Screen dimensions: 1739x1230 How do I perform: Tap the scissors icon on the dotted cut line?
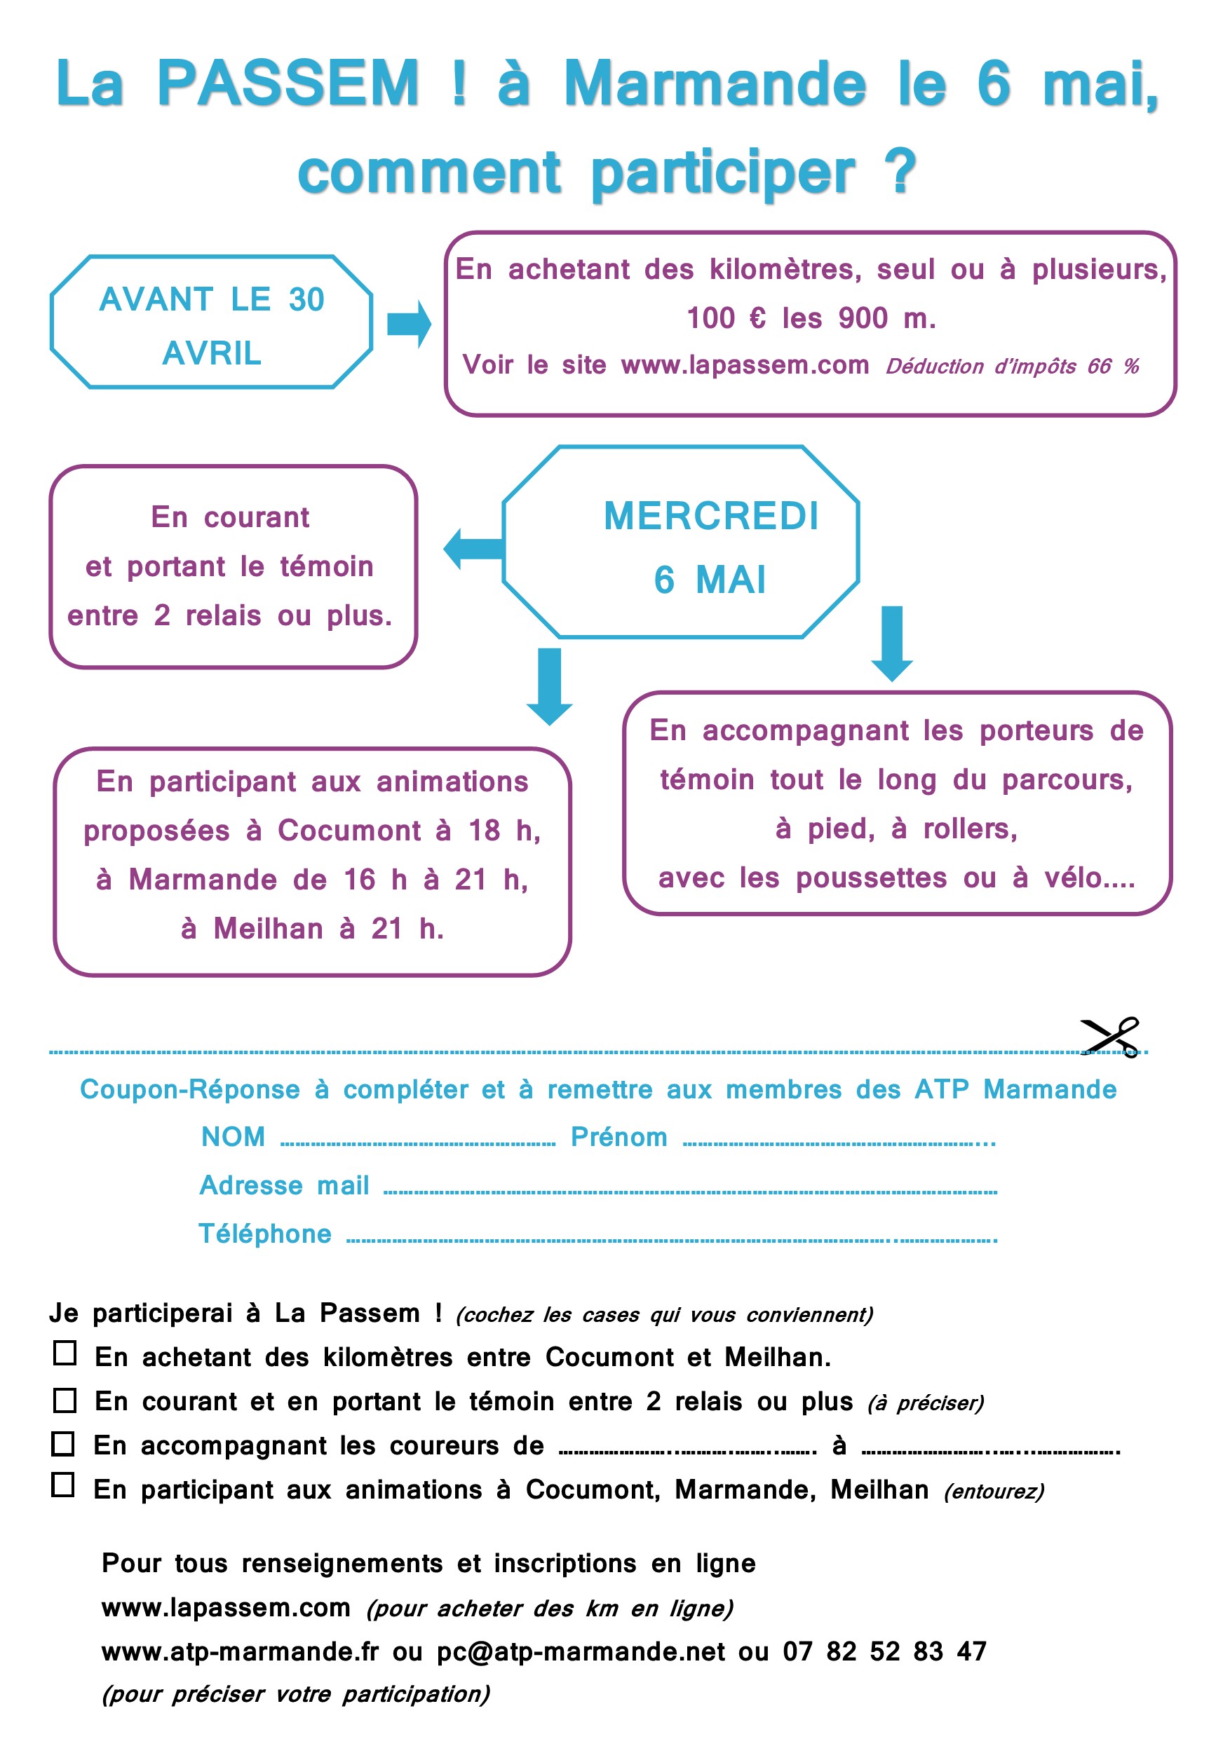(x=1110, y=1037)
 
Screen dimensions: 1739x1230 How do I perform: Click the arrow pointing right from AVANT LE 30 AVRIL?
(x=409, y=323)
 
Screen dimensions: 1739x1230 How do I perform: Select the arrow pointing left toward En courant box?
(x=473, y=549)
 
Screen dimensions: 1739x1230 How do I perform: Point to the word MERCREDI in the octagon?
(x=711, y=517)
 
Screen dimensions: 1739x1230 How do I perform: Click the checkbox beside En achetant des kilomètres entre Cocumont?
(x=65, y=1353)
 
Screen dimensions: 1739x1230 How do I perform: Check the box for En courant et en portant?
(x=65, y=1400)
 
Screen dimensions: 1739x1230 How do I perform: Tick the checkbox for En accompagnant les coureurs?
(x=64, y=1444)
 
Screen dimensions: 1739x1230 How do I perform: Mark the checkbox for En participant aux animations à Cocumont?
(x=64, y=1485)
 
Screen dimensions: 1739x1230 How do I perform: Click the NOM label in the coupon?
(x=233, y=1137)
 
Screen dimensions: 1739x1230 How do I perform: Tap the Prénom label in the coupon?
(x=619, y=1137)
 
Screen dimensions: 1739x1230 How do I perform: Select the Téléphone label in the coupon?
(x=264, y=1234)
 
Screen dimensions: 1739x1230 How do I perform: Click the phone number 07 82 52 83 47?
(x=884, y=1651)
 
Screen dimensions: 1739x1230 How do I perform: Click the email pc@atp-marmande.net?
(x=581, y=1651)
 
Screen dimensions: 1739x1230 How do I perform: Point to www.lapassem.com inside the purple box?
(x=744, y=365)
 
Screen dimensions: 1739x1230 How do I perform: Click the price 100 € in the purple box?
(x=725, y=318)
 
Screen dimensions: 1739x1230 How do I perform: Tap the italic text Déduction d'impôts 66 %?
(x=1012, y=367)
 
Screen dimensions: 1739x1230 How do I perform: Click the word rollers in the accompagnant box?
(x=969, y=829)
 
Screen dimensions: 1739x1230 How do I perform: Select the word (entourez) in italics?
(x=994, y=1492)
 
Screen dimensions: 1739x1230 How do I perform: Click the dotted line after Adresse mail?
(x=689, y=1192)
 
